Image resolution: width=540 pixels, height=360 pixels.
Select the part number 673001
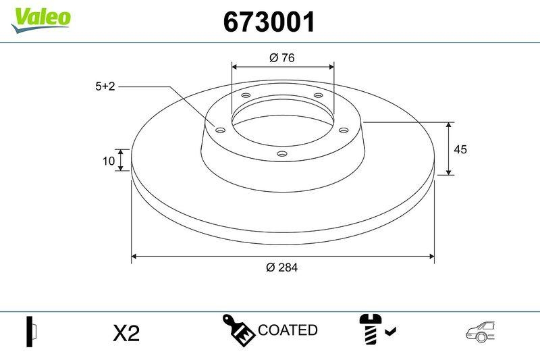269,22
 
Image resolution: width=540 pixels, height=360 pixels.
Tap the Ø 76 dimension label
281,58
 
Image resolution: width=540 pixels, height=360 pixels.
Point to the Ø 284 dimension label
281,267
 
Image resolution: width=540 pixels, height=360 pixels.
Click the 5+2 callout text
106,86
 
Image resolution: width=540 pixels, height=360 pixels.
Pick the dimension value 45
461,149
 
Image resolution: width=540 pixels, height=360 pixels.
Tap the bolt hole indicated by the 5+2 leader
219,130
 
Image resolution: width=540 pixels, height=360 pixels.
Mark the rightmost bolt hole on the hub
343,130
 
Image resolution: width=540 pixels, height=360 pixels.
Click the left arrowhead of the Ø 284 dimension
134,257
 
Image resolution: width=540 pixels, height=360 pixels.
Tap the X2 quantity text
126,333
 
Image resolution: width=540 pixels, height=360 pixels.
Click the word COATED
288,330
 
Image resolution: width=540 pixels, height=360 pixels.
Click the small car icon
481,330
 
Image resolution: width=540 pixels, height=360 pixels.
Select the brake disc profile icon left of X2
31,332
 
